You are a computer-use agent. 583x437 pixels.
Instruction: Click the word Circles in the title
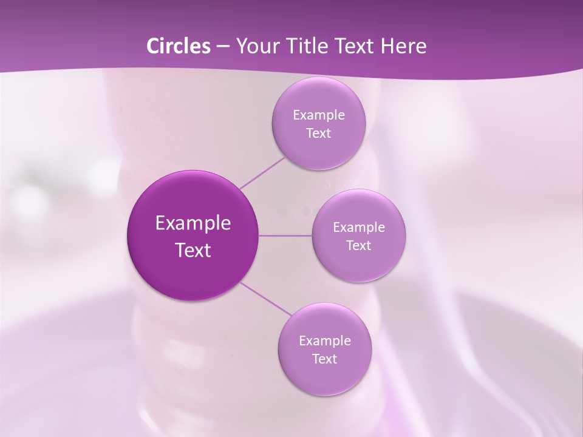tap(178, 46)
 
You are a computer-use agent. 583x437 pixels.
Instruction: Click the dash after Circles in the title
tap(223, 47)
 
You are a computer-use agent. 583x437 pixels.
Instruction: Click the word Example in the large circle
tap(193, 223)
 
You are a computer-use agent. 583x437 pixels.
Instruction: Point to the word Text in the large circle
tap(193, 250)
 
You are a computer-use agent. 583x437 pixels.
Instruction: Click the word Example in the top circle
tap(319, 115)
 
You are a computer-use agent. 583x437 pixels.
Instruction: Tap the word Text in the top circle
tap(319, 134)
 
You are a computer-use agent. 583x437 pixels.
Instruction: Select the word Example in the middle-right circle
tap(359, 228)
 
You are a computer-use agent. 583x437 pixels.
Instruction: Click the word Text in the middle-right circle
tap(359, 246)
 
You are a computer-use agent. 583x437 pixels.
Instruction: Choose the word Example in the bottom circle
tap(325, 341)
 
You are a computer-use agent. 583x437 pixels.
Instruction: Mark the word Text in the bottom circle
tap(325, 359)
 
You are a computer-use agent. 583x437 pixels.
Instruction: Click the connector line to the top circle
tap(262, 172)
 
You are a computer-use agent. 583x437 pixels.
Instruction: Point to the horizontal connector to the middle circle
tap(285, 235)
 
